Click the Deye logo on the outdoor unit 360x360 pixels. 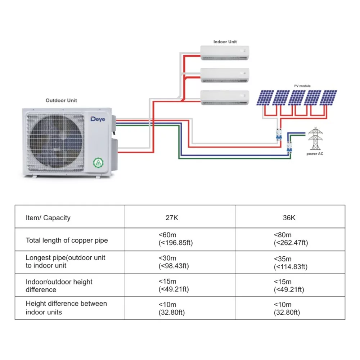98,119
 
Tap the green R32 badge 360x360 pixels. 98,163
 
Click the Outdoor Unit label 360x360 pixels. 61,100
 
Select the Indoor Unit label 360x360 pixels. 225,42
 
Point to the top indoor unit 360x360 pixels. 225,53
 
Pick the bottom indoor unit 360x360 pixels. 225,98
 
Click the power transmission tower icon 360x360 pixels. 315,139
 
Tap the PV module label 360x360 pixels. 302,86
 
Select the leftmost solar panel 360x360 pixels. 265,98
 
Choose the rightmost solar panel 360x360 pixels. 328,98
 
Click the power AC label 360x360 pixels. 315,154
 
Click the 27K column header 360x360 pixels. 172,218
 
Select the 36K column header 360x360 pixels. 289,218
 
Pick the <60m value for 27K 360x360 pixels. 167,235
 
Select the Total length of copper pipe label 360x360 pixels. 67,240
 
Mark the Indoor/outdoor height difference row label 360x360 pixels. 59,285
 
